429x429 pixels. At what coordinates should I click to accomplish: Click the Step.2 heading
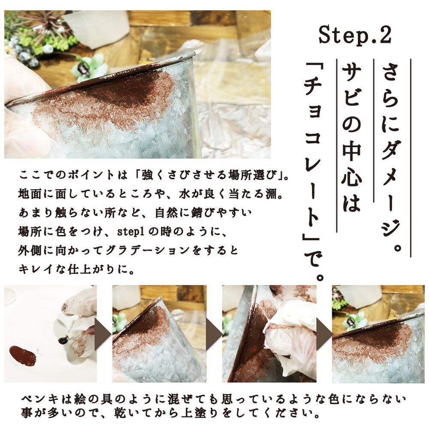coord(355,35)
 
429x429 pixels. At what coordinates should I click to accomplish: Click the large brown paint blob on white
coord(23,355)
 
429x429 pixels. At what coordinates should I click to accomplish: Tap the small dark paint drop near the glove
coord(63,340)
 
